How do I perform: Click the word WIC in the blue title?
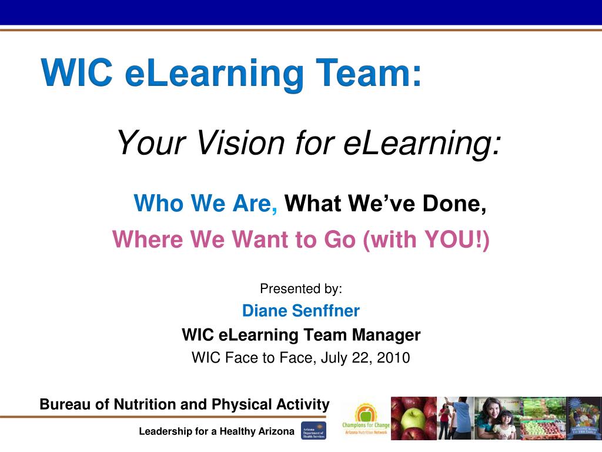77,74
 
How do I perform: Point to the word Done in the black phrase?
455,204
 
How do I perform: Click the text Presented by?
300,288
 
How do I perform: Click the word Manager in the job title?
386,335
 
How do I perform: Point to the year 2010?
394,357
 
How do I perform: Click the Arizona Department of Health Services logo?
313,431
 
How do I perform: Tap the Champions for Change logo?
365,418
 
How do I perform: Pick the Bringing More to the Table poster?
584,418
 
